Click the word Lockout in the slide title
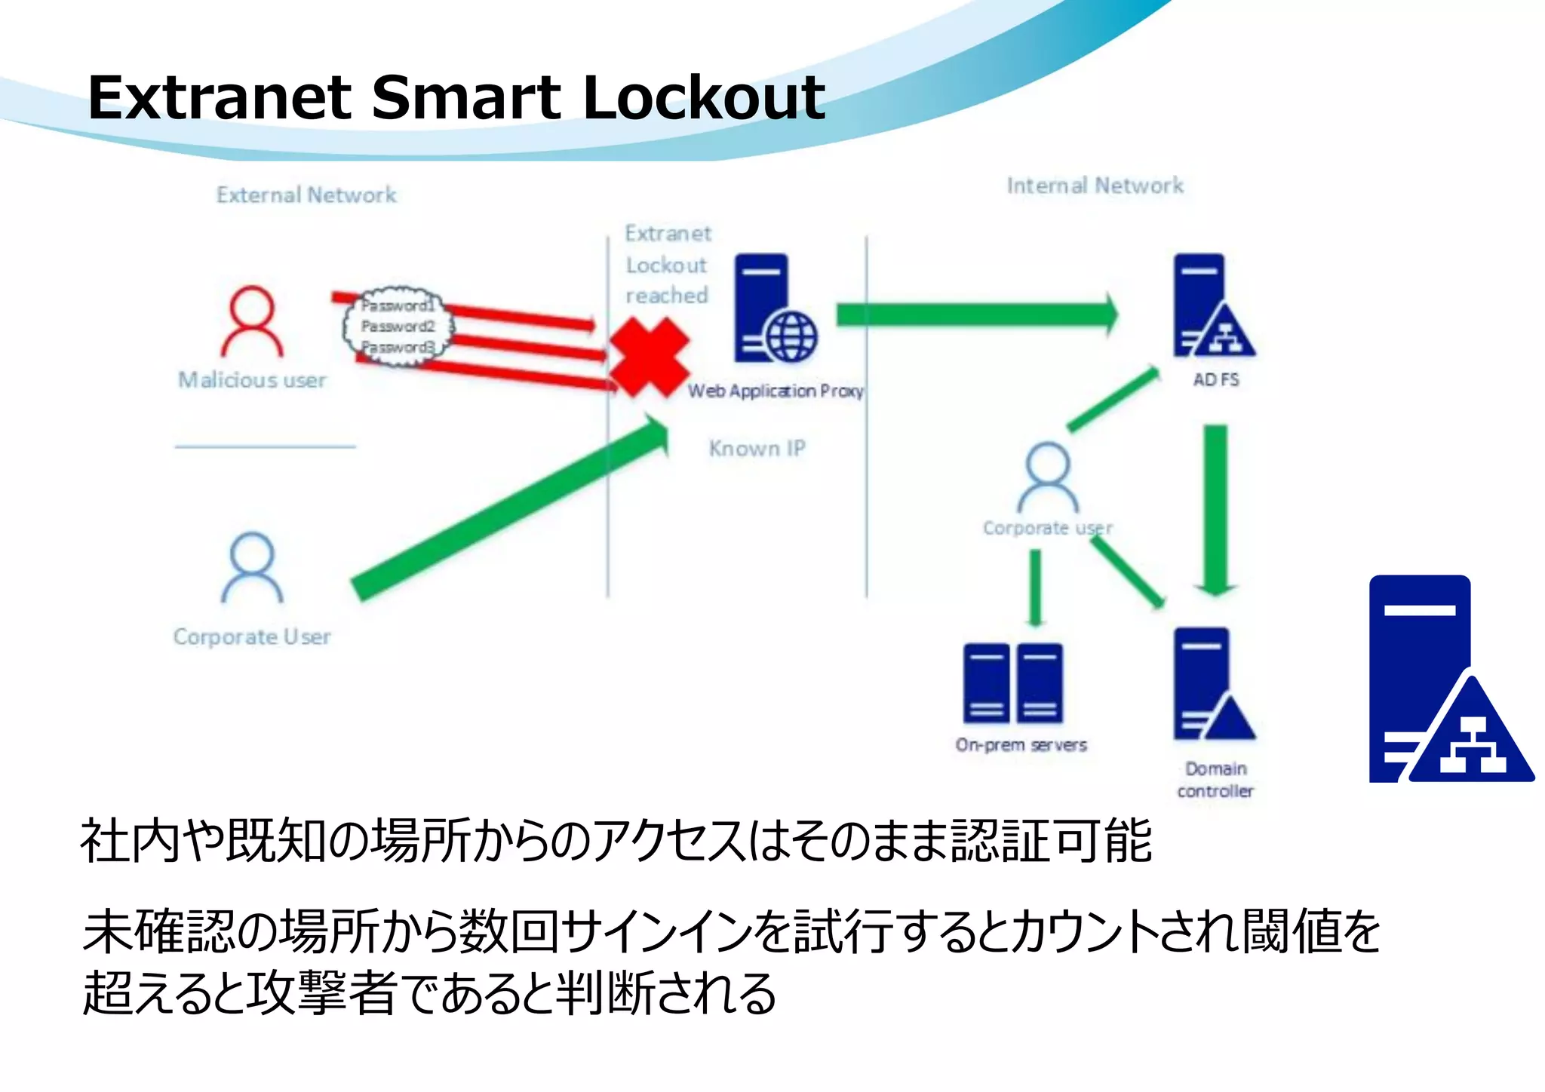tap(704, 98)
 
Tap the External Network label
tap(306, 195)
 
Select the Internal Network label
tap(1095, 186)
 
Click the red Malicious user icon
tap(252, 322)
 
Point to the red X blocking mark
tap(649, 357)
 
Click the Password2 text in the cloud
tap(398, 327)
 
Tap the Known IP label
tap(757, 449)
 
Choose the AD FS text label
tap(1215, 380)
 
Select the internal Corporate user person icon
tap(1048, 477)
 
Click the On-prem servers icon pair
tap(1013, 684)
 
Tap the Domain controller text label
tap(1215, 780)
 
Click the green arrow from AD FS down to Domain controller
tap(1215, 509)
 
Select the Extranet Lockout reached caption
tap(667, 265)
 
